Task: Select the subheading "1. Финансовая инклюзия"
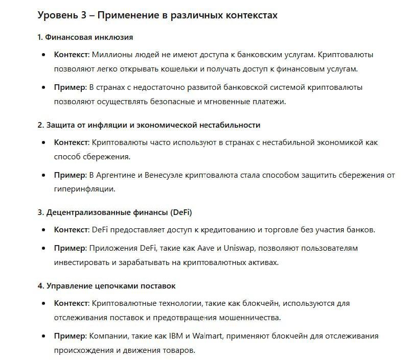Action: [x=85, y=38]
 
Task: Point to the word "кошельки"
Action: [x=196, y=68]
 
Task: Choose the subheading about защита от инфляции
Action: [x=149, y=125]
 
